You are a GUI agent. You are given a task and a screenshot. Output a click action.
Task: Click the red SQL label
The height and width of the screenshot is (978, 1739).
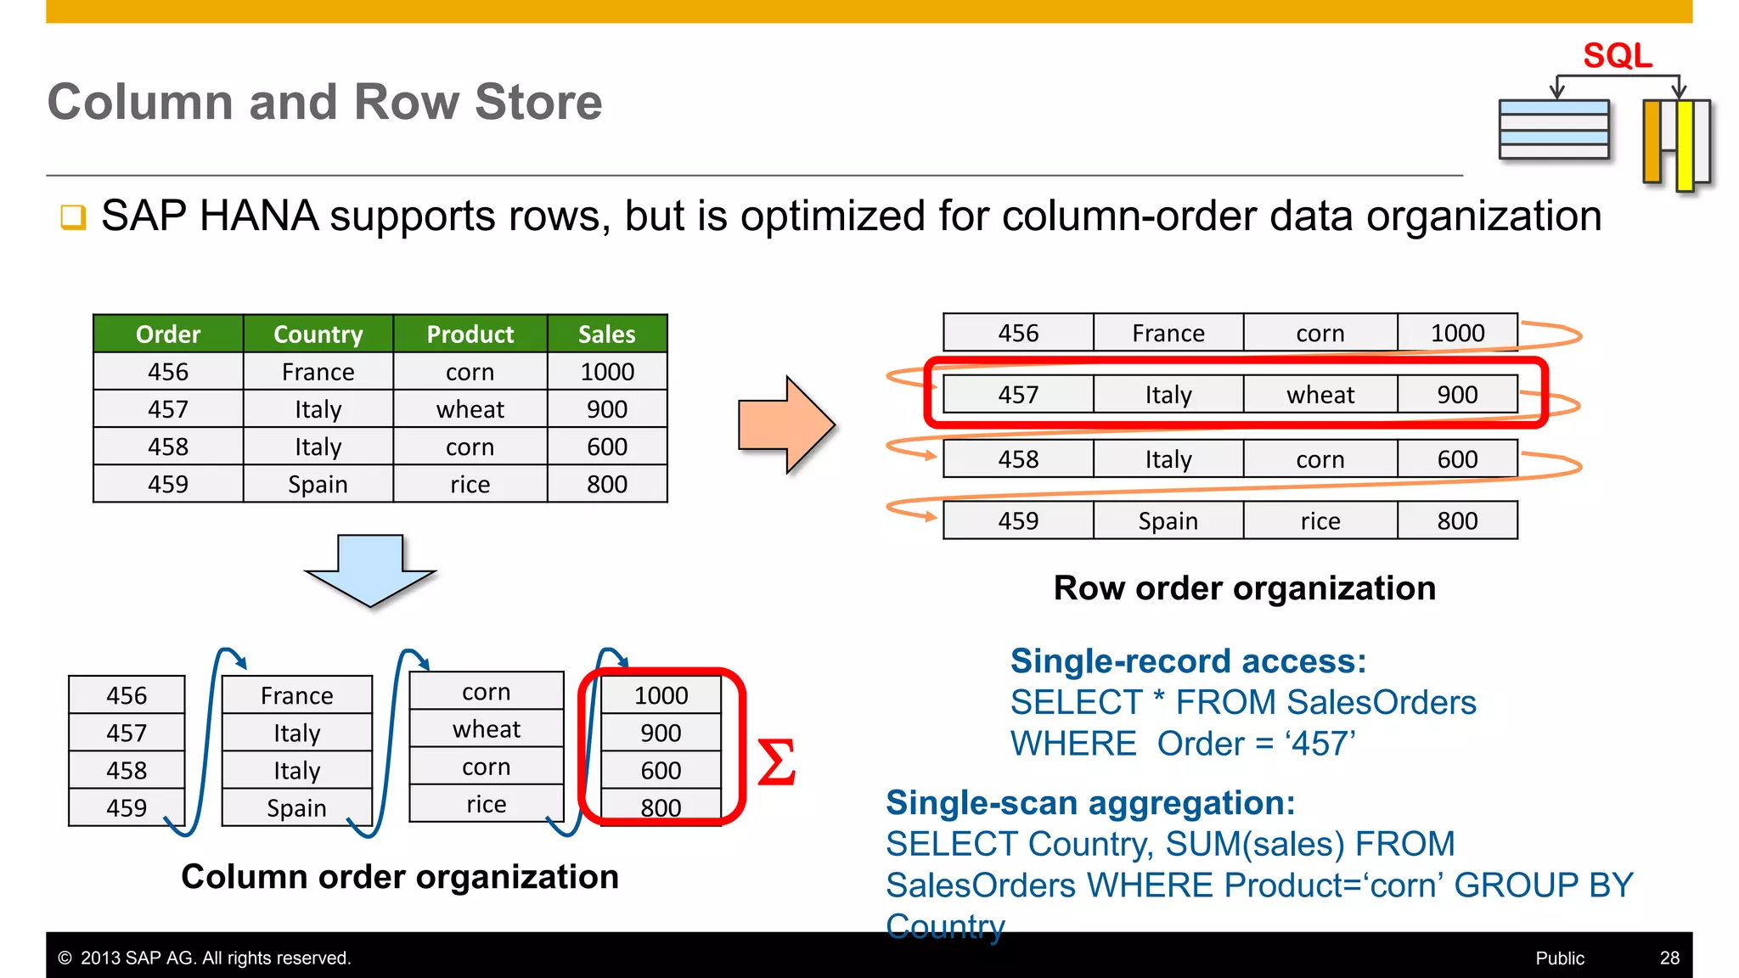1617,56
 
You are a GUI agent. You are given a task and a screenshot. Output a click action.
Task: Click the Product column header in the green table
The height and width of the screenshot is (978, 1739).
470,334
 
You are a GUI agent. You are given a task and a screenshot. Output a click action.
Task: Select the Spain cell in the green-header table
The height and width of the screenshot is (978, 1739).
318,484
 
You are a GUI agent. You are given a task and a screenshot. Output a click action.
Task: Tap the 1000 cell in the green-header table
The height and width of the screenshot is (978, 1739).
606,372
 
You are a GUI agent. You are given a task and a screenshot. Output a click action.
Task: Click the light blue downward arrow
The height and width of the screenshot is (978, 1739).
370,569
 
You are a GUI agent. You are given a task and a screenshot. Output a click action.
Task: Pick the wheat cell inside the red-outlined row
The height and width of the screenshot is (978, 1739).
1320,395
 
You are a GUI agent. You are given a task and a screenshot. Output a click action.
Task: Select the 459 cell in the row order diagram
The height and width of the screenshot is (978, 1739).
1017,520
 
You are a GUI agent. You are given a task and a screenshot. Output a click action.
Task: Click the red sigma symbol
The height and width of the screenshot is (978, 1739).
775,762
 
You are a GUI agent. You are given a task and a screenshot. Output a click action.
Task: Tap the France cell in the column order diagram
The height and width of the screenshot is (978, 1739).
296,695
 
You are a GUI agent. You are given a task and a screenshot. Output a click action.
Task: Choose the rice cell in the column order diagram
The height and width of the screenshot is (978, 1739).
486,804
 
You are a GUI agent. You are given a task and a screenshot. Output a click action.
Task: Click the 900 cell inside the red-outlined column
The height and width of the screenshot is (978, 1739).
661,733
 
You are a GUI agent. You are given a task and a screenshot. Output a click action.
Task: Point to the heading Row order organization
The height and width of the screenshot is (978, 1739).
1244,588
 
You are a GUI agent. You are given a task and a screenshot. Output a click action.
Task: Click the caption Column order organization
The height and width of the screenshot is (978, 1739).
400,877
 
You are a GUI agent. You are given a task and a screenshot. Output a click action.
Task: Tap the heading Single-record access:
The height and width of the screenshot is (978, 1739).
1188,661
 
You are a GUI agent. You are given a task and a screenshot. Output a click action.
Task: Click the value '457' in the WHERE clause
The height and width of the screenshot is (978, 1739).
1320,745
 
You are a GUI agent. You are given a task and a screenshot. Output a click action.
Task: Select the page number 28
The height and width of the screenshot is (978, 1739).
1669,958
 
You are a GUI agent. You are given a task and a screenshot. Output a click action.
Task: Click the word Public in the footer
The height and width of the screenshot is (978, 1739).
1559,958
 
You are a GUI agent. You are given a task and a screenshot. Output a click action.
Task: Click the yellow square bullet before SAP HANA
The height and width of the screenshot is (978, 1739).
73,217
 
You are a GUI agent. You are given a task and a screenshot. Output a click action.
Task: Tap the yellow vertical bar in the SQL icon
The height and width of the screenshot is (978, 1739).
1685,144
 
